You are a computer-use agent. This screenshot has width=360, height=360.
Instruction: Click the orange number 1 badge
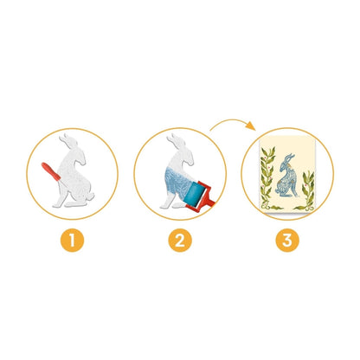pos(72,240)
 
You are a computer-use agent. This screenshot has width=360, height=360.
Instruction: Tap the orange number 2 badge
pos(180,240)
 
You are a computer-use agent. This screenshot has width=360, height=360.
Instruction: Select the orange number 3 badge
pos(287,240)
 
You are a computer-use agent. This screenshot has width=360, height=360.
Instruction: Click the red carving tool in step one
pos(51,171)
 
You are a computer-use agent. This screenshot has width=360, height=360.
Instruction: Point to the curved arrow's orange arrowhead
pos(251,125)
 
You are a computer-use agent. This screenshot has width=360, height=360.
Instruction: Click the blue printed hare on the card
pos(286,175)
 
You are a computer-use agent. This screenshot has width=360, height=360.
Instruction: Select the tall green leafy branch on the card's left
pos(267,177)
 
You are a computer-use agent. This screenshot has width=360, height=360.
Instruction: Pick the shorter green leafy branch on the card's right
pos(307,189)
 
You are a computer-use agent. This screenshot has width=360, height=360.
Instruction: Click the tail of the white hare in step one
pos(91,196)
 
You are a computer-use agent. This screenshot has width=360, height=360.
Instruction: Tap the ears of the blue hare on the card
pos(287,158)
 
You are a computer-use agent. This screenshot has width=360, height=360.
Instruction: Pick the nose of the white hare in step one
pos(84,163)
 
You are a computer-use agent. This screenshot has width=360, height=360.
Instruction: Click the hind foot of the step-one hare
pos(75,204)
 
